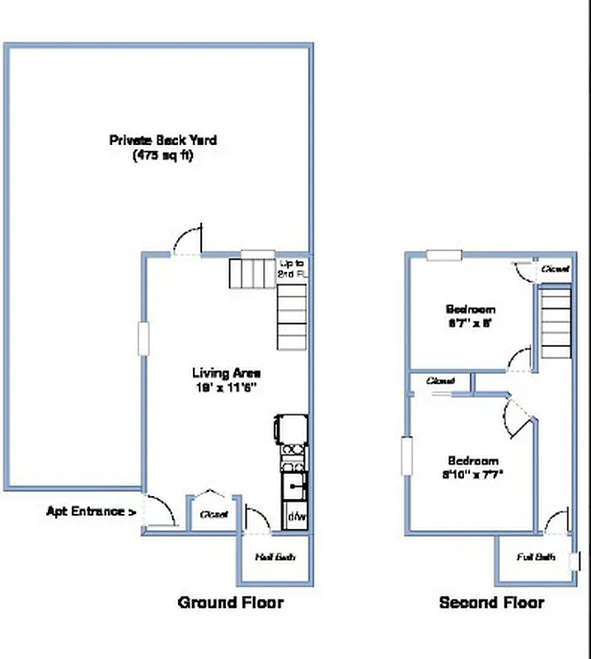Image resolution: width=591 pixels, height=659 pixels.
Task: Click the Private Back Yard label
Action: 163,141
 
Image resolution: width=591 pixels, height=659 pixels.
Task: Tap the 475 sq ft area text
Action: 163,156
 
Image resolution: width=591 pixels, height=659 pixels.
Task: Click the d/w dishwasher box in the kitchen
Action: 295,518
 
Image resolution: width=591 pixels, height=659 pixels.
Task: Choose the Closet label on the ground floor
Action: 213,514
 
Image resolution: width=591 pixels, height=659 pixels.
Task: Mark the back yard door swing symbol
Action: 187,241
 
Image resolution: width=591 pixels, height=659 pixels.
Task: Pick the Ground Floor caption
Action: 231,603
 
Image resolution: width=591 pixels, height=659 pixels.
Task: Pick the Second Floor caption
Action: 491,603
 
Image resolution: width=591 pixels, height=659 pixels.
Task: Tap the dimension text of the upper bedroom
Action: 468,325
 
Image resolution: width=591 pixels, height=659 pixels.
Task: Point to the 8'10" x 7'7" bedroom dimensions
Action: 473,474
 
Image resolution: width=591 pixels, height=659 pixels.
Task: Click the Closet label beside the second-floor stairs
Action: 554,269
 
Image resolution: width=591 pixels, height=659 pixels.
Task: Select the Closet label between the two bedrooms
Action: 442,381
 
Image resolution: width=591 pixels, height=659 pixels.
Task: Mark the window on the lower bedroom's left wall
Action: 406,456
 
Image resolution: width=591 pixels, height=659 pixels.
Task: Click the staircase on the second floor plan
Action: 556,321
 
